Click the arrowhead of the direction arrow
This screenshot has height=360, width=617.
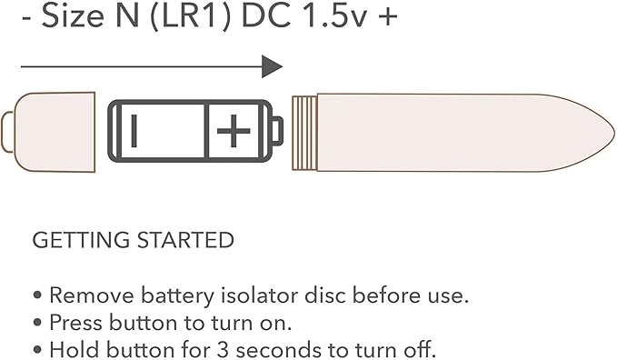pos(273,66)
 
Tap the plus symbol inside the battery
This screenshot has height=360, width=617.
pos(234,131)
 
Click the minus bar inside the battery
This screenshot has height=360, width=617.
pos(134,131)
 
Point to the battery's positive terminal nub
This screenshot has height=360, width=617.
pos(277,131)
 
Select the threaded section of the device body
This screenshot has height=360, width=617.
pos(304,133)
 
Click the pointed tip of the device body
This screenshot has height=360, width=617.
pos(614,132)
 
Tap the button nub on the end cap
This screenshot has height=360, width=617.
pos(7,132)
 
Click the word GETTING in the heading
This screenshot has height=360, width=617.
pos(81,240)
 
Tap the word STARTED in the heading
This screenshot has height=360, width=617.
pos(185,240)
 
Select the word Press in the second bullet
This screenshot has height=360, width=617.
pos(76,323)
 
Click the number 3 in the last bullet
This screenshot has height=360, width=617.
pos(223,350)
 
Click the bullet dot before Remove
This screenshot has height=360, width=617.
pos(37,295)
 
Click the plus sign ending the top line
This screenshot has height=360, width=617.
pos(388,17)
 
